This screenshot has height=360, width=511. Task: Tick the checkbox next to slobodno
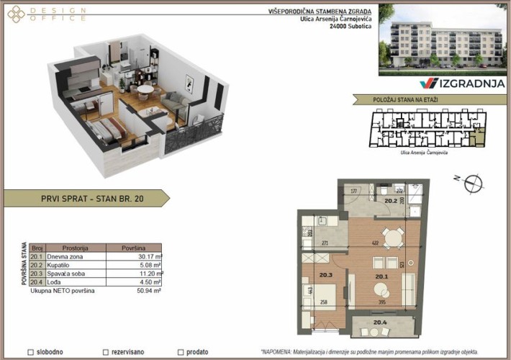[x=30, y=352]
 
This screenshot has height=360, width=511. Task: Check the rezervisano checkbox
[x=106, y=352]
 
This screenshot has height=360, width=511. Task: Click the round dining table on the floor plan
[x=391, y=237]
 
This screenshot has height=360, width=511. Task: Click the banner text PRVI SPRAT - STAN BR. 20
[x=82, y=199]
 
